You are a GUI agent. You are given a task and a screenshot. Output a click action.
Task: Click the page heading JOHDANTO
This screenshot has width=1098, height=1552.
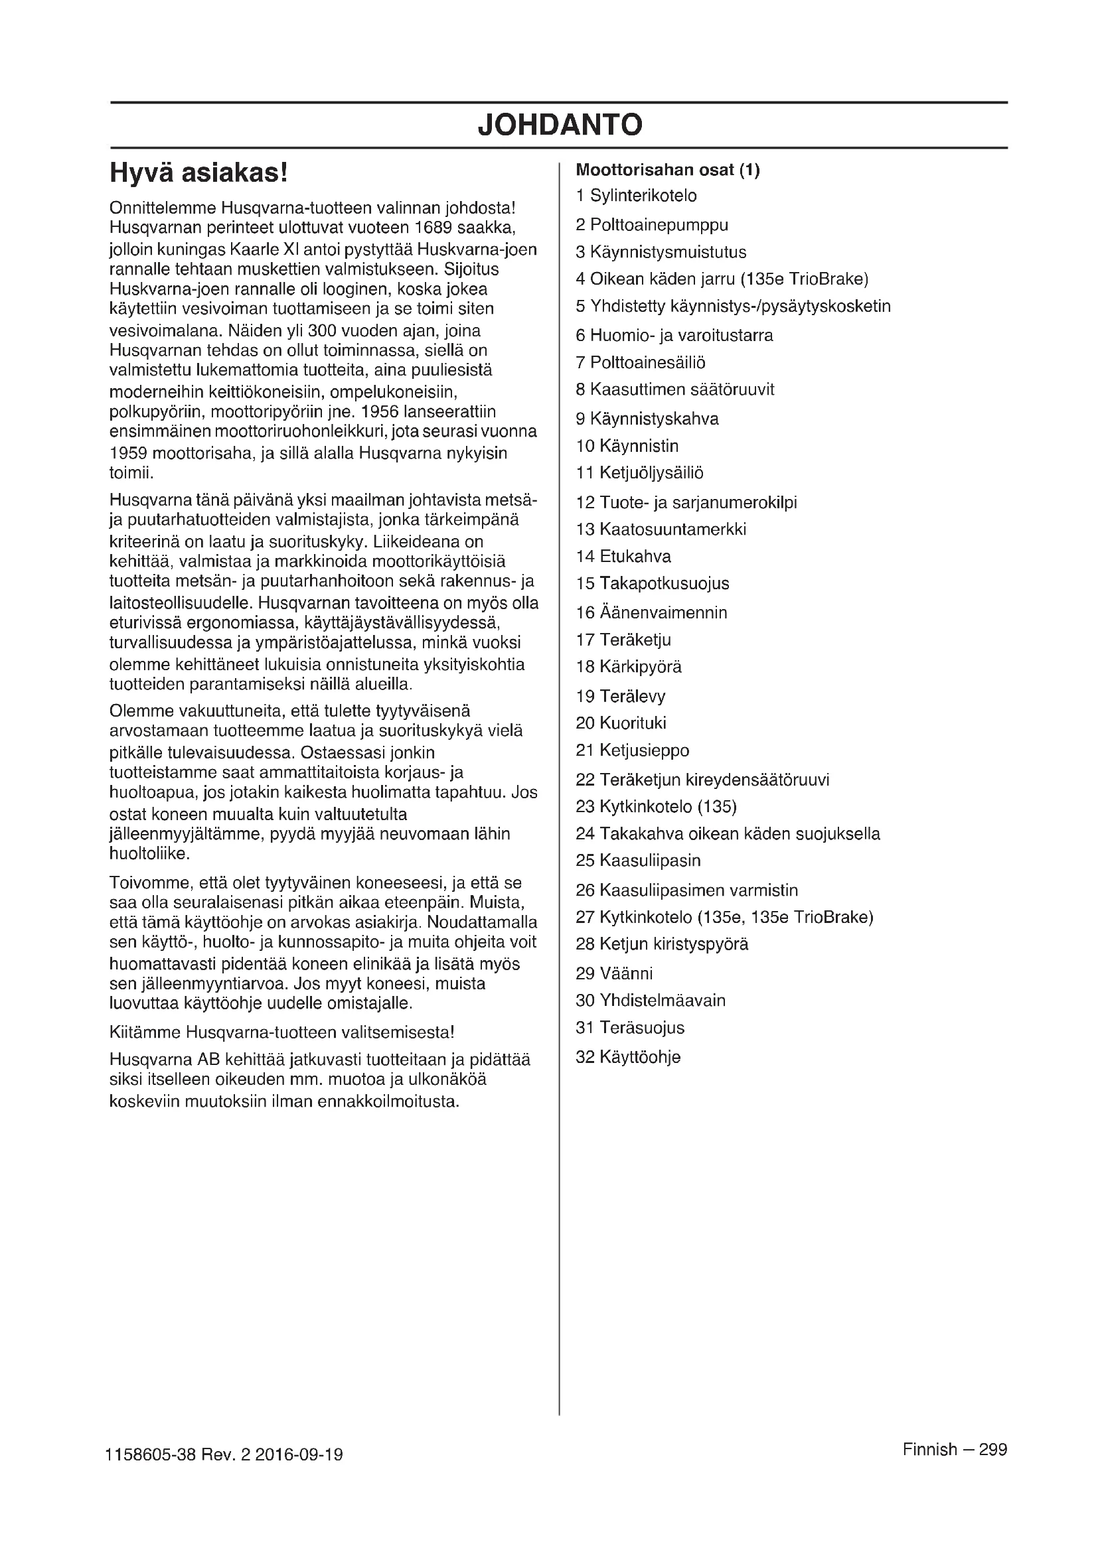click(559, 125)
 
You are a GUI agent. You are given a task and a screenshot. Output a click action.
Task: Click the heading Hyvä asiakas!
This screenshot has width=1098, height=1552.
click(198, 173)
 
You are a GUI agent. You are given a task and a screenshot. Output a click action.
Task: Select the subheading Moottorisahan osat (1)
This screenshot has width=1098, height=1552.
click(667, 171)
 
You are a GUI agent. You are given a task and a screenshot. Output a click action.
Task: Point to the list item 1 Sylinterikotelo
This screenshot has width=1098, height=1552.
click(635, 196)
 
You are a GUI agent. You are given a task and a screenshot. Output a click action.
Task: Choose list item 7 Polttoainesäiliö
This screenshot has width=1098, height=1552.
click(640, 363)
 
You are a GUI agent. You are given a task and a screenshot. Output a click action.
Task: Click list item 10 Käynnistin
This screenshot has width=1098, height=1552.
click(627, 446)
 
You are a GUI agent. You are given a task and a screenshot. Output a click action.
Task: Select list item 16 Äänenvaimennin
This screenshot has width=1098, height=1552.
click(651, 613)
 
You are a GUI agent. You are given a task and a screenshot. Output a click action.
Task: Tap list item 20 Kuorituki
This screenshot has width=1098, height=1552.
click(621, 723)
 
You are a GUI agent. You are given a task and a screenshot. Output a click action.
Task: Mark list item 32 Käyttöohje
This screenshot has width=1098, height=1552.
click(627, 1057)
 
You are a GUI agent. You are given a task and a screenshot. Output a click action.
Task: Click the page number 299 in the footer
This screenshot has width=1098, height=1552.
click(992, 1450)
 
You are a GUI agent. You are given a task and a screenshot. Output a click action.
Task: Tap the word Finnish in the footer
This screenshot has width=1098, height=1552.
click(929, 1450)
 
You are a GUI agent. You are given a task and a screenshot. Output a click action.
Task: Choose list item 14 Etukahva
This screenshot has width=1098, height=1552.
click(623, 557)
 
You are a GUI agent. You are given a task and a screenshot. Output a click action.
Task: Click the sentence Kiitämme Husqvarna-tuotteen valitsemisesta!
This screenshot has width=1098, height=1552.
click(282, 1032)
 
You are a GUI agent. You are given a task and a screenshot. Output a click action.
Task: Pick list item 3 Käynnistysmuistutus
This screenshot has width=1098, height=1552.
click(661, 253)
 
